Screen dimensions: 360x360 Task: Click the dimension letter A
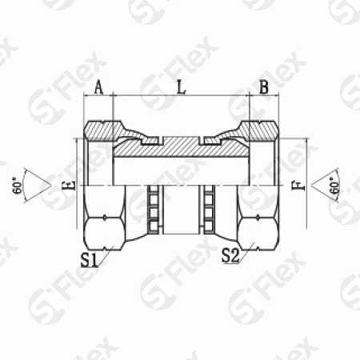[99, 87]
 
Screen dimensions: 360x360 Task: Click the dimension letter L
[182, 87]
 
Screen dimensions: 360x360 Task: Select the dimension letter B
[264, 87]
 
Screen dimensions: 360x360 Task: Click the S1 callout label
[89, 260]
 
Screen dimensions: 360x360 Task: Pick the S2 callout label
[230, 255]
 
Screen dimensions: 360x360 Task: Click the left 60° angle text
[18, 185]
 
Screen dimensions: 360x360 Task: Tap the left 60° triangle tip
[51, 186]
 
